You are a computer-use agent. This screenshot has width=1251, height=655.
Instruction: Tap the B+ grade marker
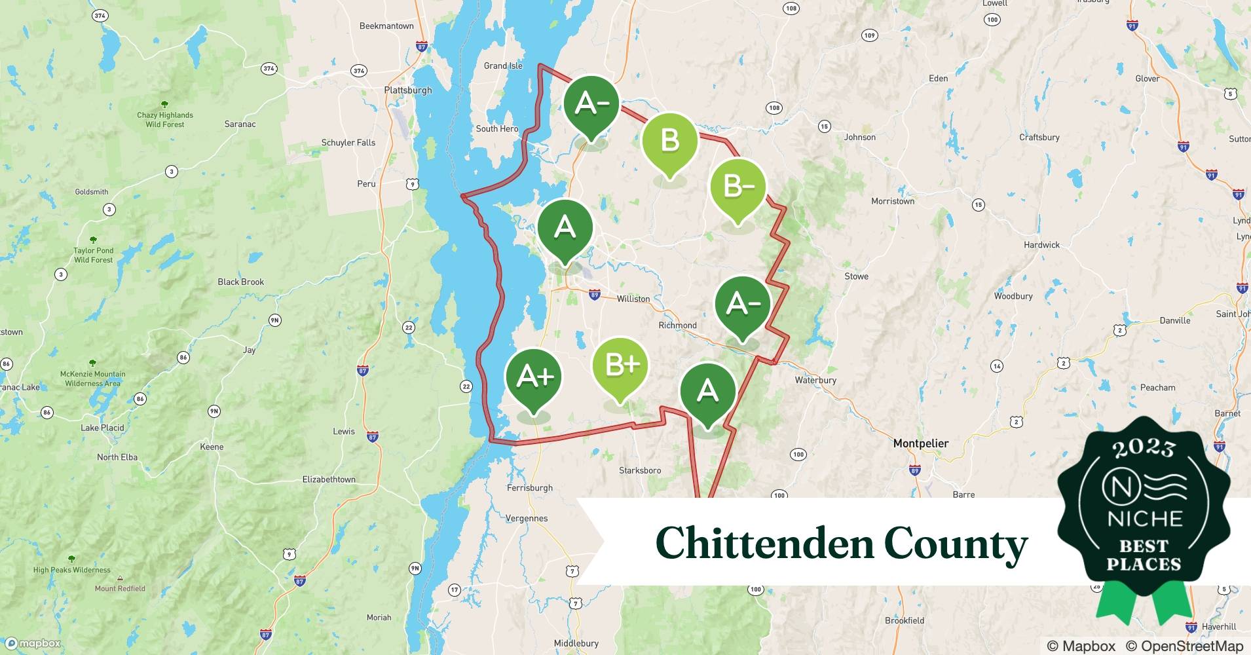tap(620, 365)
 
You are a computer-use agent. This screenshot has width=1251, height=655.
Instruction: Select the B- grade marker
tap(738, 186)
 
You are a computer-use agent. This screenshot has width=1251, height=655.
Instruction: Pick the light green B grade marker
tap(669, 140)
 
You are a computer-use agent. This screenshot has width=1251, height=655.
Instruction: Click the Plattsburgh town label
tap(408, 90)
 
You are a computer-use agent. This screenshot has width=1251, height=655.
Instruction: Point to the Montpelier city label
tap(920, 443)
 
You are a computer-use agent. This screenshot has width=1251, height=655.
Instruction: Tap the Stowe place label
tap(856, 276)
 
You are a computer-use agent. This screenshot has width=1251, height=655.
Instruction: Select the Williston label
tap(633, 299)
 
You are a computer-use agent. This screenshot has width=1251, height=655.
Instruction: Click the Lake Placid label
tap(102, 428)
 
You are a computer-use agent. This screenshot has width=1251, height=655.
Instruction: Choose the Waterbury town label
tap(815, 380)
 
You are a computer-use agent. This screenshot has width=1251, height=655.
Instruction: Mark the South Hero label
tap(496, 128)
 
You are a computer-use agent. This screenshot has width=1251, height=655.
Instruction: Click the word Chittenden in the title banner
tap(764, 544)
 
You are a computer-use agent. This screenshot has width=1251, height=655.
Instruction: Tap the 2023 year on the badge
tap(1144, 447)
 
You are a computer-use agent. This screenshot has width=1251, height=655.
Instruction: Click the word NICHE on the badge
tap(1144, 519)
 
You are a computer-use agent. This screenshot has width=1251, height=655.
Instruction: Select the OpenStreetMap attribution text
tap(1184, 646)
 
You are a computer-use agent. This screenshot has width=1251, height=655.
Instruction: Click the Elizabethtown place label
tap(329, 479)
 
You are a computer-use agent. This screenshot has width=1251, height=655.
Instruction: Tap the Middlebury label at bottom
tap(576, 643)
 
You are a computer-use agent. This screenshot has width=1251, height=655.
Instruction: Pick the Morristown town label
tap(892, 201)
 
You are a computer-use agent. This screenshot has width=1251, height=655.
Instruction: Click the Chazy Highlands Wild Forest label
tap(165, 119)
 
